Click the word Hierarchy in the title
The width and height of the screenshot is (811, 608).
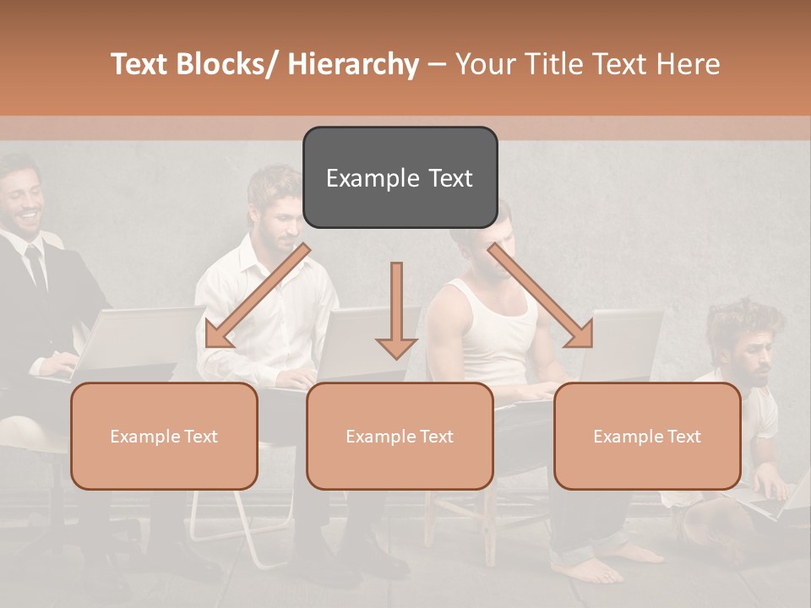click(353, 64)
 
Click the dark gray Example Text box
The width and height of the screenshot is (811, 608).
click(400, 177)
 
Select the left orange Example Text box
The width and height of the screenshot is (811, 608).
click(164, 436)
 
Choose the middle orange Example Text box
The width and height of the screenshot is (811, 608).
click(399, 436)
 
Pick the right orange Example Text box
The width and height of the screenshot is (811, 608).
click(647, 436)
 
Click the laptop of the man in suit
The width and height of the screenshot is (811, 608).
click(135, 338)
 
